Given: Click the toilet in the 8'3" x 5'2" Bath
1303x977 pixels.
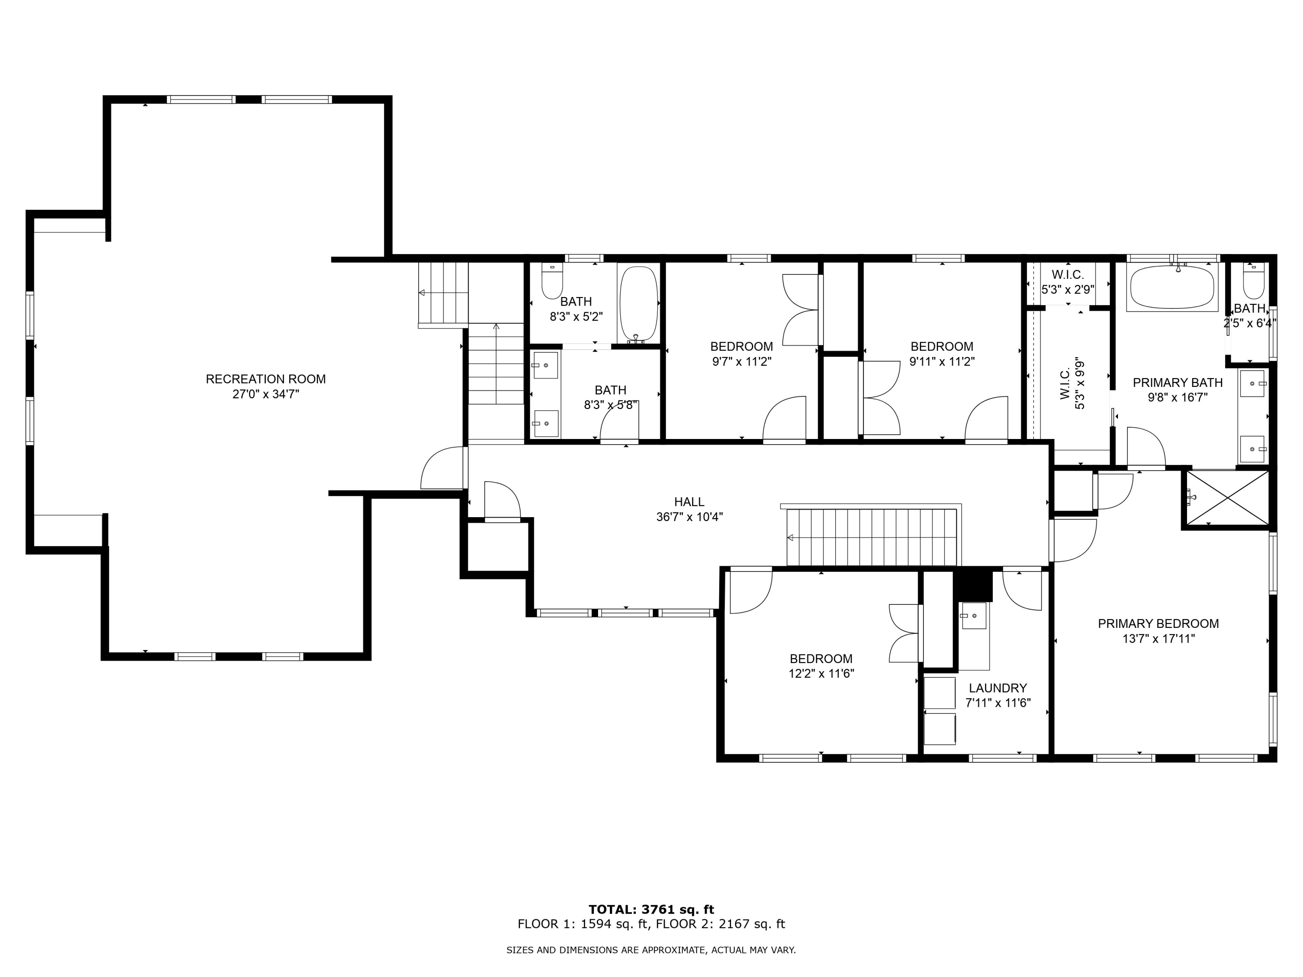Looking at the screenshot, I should [552, 282].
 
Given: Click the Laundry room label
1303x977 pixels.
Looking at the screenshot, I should [998, 688].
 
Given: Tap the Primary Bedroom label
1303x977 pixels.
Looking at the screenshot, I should [1158, 624].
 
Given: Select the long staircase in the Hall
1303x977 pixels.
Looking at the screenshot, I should [872, 537].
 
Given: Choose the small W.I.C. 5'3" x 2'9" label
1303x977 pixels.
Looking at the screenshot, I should [1068, 282].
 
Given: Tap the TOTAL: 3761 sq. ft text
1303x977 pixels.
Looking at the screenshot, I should [651, 910].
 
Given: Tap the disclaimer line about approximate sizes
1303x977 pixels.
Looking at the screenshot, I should [651, 950].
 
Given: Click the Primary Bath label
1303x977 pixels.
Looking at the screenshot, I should [1177, 383].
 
